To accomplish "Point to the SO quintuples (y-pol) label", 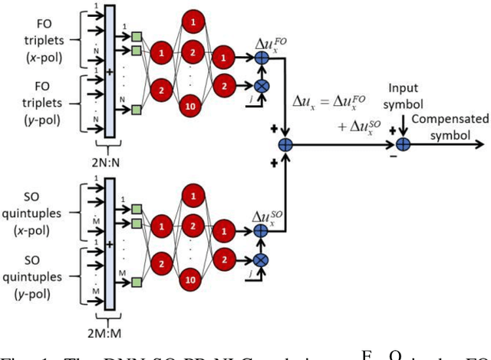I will pos(32,263).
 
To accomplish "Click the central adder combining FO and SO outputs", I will pos(286,144).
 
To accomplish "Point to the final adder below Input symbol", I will pos(403,144).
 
